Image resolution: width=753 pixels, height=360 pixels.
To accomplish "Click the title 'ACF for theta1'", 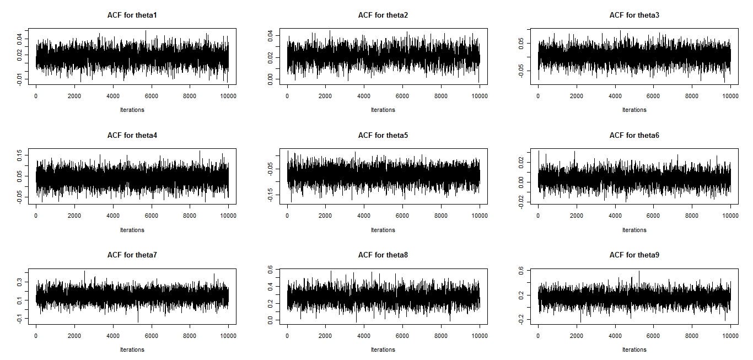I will (132, 15).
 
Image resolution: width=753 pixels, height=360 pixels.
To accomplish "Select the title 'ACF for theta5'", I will (383, 136).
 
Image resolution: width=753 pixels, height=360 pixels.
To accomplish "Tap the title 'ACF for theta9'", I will (634, 255).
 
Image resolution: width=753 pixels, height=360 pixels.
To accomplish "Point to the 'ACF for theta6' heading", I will (634, 136).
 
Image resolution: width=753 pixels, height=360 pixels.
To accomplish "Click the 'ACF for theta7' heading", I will (132, 255).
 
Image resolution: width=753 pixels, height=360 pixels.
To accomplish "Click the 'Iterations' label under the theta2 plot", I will (383, 110).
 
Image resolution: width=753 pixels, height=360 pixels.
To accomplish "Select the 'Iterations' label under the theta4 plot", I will (132, 230).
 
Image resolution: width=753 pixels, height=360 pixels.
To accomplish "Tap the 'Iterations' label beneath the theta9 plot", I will (634, 350).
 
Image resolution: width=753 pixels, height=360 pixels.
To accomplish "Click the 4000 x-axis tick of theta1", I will (113, 96).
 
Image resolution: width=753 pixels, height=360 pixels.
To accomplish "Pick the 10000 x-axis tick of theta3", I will (730, 96).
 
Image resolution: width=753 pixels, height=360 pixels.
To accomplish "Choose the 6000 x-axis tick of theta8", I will (402, 336).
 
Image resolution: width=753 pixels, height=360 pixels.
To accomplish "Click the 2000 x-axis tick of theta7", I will (74, 336).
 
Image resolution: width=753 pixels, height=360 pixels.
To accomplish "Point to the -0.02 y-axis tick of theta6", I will (521, 202).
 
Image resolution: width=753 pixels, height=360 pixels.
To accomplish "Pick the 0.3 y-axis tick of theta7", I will (19, 282).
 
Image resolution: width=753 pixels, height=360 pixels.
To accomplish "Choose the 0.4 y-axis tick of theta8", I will (270, 287).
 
